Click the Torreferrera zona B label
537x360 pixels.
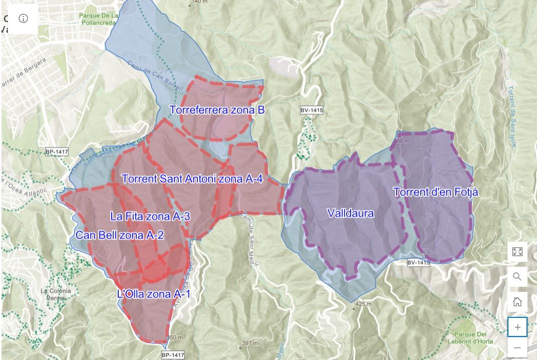pyautogui.click(x=216, y=110)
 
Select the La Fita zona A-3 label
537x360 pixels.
pyautogui.click(x=150, y=217)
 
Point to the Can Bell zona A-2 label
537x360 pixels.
pyautogui.click(x=120, y=235)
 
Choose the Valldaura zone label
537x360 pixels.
pyautogui.click(x=350, y=213)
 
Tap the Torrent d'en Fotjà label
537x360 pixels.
pyautogui.click(x=435, y=192)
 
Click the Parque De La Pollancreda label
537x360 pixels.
pyautogui.click(x=99, y=20)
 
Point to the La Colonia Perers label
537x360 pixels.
pyautogui.click(x=56, y=294)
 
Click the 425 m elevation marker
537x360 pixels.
pyautogui.click(x=363, y=304)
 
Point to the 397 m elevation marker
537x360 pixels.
pyautogui.click(x=249, y=343)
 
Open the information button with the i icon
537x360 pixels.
pyautogui.click(x=24, y=19)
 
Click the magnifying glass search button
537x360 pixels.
pyautogui.click(x=517, y=276)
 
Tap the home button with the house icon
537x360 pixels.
pyautogui.click(x=517, y=301)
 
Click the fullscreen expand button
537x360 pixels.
pyautogui.click(x=517, y=251)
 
